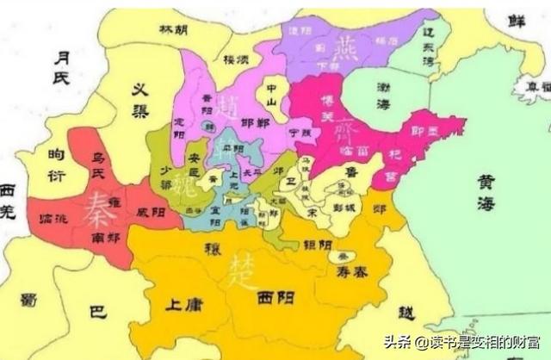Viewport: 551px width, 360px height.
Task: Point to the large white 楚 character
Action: (239, 273)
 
